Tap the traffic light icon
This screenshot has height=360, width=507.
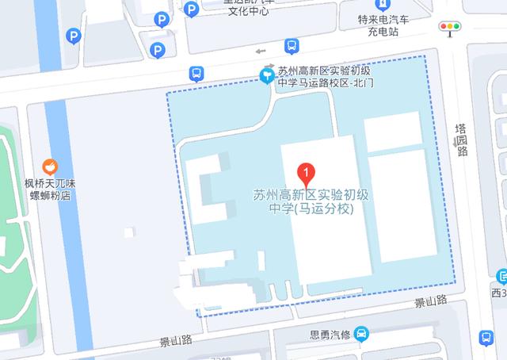(452, 27)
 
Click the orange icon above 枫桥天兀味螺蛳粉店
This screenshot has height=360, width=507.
(49, 167)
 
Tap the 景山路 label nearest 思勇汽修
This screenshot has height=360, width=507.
(430, 301)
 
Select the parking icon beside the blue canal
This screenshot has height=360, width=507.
(74, 35)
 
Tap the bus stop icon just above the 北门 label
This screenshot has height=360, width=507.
(292, 46)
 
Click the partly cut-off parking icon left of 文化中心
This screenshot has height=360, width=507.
(191, 8)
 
